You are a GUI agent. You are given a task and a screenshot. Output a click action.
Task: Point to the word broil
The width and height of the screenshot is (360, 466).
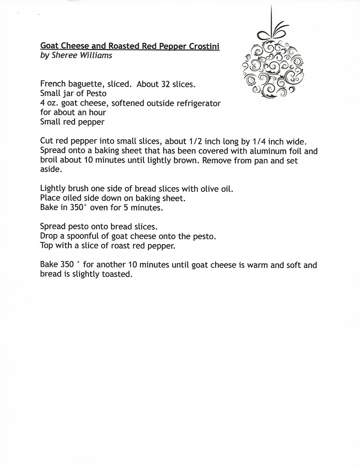[49, 160]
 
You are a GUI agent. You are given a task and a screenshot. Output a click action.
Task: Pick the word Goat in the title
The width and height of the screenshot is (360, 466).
[49, 46]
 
